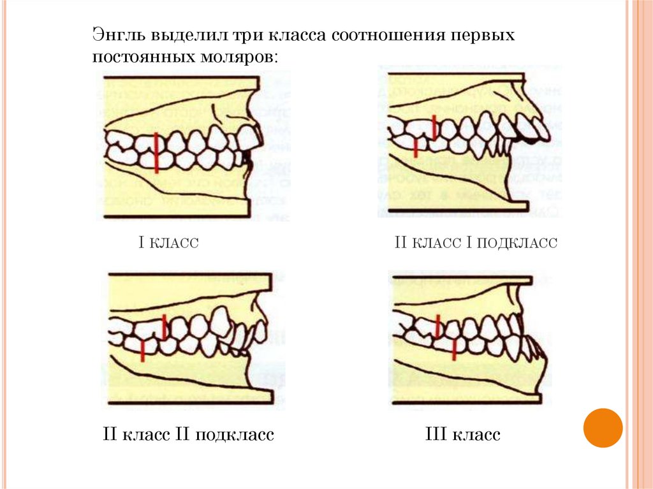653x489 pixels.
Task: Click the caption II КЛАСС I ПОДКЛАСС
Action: coord(476,243)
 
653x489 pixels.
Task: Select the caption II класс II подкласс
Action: coord(189,435)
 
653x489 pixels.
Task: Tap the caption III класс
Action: coord(462,435)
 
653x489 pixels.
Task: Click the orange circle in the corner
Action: coord(603,427)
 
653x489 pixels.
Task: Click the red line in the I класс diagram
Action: coord(156,152)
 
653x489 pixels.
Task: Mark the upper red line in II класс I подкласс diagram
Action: coord(434,127)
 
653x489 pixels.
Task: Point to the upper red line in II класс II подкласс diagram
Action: coord(165,326)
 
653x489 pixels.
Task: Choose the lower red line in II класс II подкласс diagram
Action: coord(143,351)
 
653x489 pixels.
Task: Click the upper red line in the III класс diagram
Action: coord(437,326)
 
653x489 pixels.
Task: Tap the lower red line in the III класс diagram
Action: coord(454,349)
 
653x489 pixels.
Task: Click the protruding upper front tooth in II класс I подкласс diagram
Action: coord(539,128)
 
